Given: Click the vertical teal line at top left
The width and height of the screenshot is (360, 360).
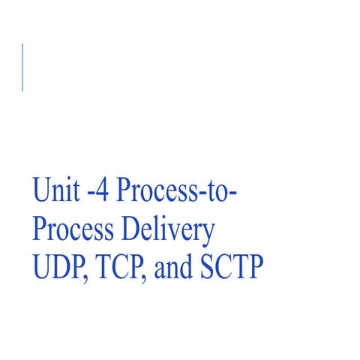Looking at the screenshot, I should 22,67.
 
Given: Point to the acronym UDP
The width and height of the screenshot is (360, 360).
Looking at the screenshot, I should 58,267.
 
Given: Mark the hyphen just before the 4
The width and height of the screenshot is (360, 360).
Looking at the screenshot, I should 88,194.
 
